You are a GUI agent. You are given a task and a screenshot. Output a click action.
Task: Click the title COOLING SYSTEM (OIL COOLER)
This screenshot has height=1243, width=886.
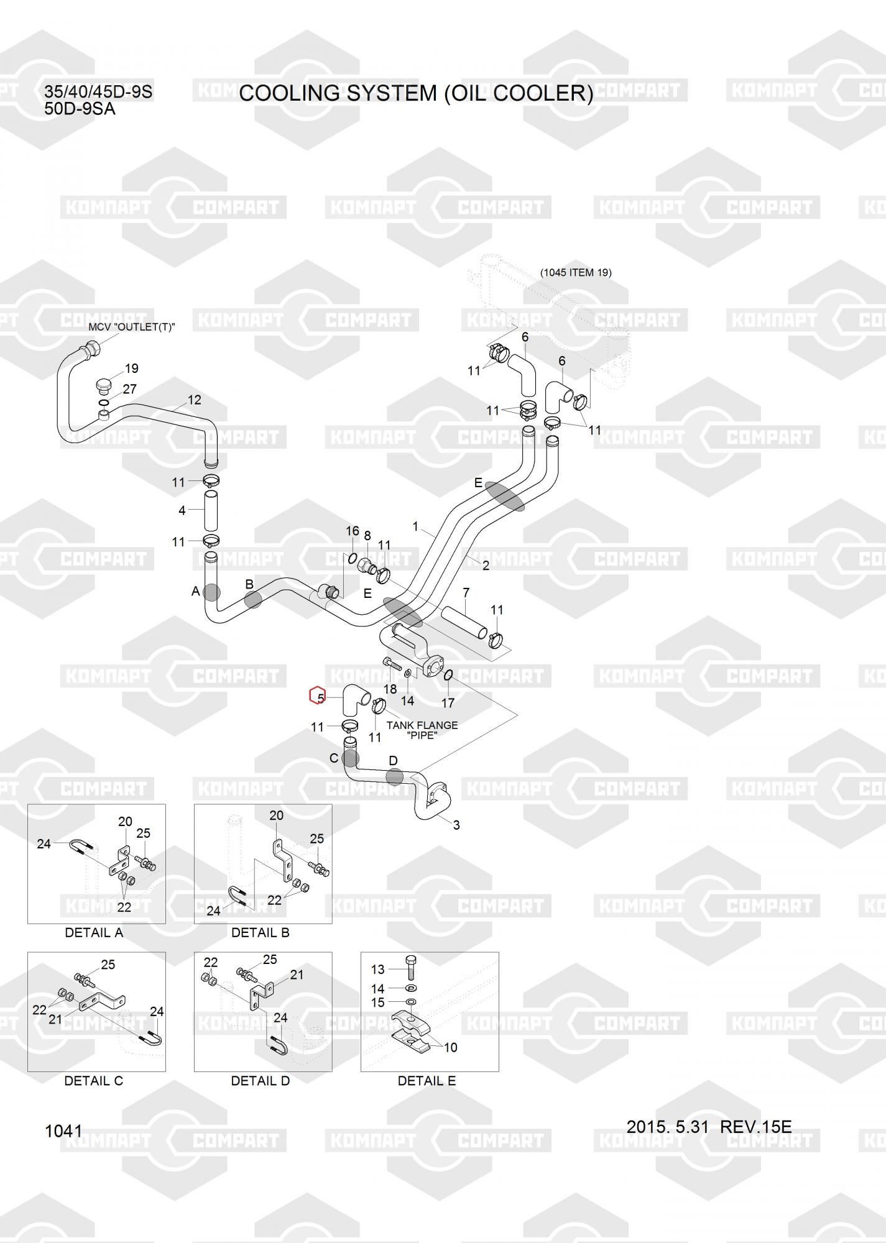[x=416, y=93]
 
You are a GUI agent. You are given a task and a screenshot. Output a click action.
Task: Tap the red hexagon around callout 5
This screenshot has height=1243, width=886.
[x=318, y=695]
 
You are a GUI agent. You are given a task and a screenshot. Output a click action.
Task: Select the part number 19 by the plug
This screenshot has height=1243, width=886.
[x=131, y=369]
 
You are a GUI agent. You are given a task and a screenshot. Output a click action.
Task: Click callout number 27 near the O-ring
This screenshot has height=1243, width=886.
[x=129, y=389]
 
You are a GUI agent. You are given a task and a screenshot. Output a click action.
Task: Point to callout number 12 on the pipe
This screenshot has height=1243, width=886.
[x=194, y=400]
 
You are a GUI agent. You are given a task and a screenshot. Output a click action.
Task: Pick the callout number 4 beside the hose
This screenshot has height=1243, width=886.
[x=182, y=510]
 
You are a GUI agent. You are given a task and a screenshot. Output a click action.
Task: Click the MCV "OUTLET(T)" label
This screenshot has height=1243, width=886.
[x=132, y=327]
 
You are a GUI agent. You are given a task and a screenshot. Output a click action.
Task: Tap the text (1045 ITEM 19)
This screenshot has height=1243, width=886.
[x=575, y=272]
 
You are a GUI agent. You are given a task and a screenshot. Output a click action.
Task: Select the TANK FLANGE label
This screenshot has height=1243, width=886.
[x=422, y=725]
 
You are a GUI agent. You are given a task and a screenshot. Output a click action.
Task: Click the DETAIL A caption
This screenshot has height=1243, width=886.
[x=94, y=933]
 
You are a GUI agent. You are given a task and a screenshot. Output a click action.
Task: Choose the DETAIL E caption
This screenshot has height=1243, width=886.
[x=427, y=1081]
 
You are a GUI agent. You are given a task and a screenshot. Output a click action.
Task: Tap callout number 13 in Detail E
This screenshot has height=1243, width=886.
[x=377, y=969]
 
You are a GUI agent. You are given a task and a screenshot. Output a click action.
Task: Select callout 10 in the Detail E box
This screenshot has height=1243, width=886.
[x=450, y=1047]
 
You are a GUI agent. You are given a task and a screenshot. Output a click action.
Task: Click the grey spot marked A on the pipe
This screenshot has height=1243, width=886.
[x=212, y=592]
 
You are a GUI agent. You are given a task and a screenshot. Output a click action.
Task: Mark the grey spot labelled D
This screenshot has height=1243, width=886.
[x=394, y=776]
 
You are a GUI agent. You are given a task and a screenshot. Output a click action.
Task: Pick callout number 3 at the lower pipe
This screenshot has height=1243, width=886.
[x=456, y=825]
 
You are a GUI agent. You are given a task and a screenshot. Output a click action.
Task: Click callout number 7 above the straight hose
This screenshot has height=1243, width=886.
[x=466, y=592]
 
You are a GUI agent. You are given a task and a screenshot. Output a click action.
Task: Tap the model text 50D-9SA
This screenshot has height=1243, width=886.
[x=80, y=109]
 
